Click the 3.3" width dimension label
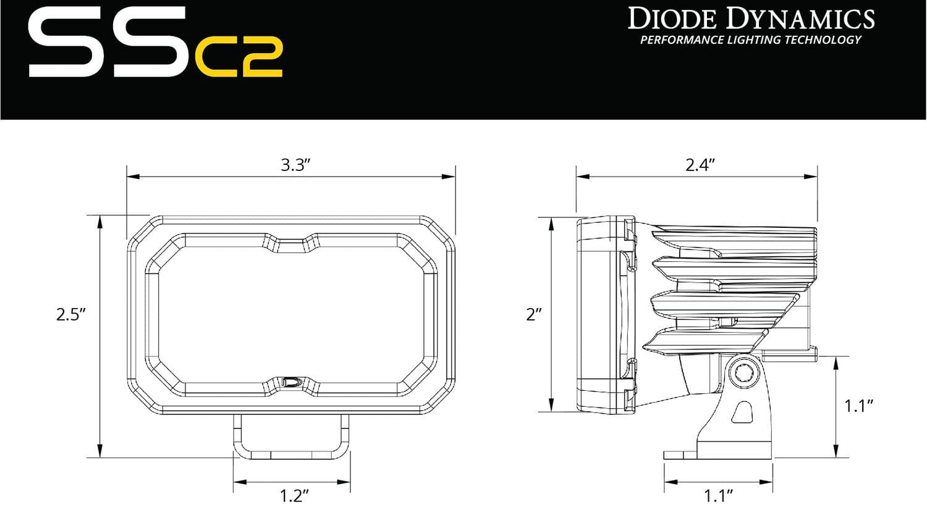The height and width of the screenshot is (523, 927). tap(295, 165)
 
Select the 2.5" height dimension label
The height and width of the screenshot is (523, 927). tap(70, 314)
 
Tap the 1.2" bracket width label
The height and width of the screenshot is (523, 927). tap(294, 496)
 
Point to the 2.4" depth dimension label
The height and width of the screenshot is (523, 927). tap(700, 165)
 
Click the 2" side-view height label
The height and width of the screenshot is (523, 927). tap(533, 314)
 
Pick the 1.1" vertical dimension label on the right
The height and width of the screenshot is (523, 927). tap(858, 406)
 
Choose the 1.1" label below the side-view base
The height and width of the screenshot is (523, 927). tap(718, 496)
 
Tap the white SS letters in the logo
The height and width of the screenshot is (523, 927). tap(108, 43)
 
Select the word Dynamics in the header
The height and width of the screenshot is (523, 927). tap(800, 19)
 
